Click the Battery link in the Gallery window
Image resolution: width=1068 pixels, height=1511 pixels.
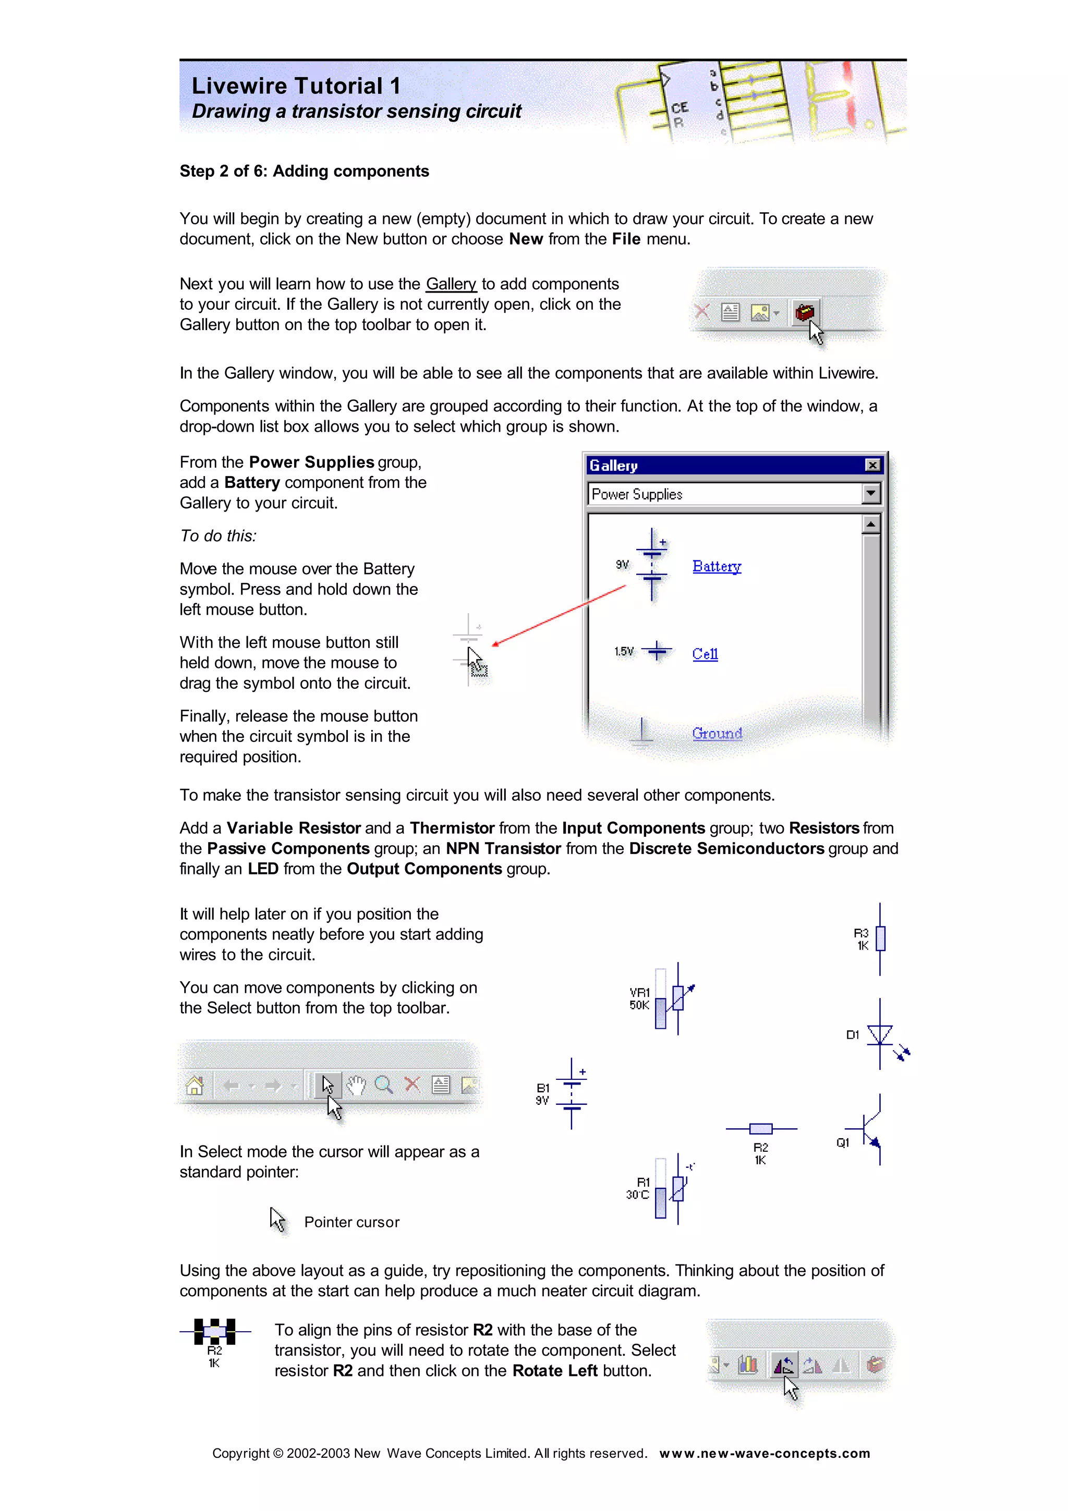tap(716, 567)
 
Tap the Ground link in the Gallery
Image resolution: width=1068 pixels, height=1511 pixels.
tap(717, 733)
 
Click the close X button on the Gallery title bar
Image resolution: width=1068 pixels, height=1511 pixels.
tap(872, 465)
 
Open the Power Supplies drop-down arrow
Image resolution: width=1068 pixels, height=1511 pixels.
tap(870, 494)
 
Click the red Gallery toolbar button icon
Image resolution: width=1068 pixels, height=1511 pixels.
tap(804, 312)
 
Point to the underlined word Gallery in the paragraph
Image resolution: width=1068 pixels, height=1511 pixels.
tap(451, 284)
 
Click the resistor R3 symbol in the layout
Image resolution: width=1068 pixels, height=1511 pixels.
tap(880, 939)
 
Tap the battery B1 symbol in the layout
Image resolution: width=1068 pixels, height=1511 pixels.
tap(571, 1094)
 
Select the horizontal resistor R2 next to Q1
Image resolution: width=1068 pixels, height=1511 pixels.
tap(761, 1129)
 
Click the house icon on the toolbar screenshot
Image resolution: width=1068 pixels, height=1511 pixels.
tap(195, 1084)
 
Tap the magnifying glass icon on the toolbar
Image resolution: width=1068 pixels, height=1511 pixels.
tap(384, 1084)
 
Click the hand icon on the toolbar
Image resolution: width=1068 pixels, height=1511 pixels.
tap(356, 1084)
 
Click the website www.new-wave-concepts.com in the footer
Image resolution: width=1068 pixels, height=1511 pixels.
tap(764, 1453)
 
